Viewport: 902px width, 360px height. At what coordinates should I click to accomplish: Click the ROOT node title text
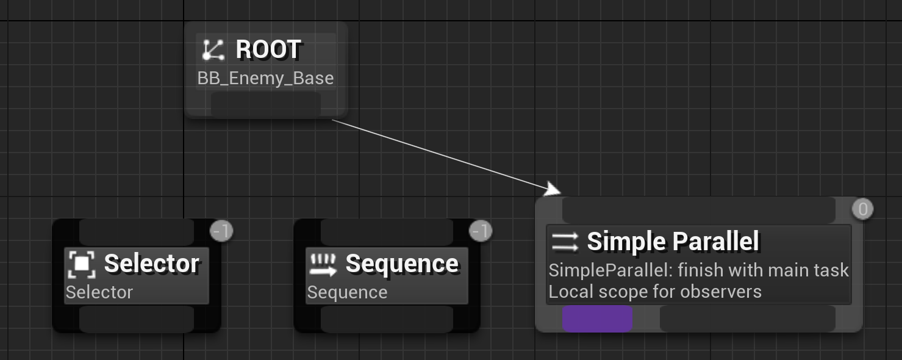coord(268,49)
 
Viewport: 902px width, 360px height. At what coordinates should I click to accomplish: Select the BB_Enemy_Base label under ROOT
coord(265,78)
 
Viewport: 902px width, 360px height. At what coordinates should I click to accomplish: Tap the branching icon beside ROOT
coord(213,50)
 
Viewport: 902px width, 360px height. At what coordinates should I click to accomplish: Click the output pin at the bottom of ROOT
coord(265,104)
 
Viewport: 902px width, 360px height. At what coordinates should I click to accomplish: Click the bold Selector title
coord(151,264)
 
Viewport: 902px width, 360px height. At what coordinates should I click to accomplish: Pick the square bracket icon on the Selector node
coord(81,264)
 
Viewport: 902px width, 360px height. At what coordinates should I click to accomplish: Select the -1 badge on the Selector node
coord(221,231)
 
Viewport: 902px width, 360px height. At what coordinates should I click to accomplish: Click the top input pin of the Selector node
coord(137,232)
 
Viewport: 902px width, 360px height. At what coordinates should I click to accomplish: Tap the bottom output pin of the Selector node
coord(137,319)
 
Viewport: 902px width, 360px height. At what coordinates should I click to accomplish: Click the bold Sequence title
coord(402,264)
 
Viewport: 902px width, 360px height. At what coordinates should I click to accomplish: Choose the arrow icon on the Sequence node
coord(323,264)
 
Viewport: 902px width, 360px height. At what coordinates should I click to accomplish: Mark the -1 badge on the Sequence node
coord(481,231)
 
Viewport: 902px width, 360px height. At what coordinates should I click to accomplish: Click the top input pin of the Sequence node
coord(387,232)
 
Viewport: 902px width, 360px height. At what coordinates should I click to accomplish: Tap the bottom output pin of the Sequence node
coord(387,319)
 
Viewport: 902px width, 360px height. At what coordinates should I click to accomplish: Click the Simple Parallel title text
coord(673,242)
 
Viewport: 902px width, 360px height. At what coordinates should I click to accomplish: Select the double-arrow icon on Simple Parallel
coord(565,242)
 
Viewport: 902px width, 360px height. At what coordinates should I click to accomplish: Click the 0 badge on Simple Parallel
coord(862,209)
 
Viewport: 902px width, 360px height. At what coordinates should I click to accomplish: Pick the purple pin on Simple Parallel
coord(597,319)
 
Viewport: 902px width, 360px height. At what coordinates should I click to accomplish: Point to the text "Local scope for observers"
coord(655,292)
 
